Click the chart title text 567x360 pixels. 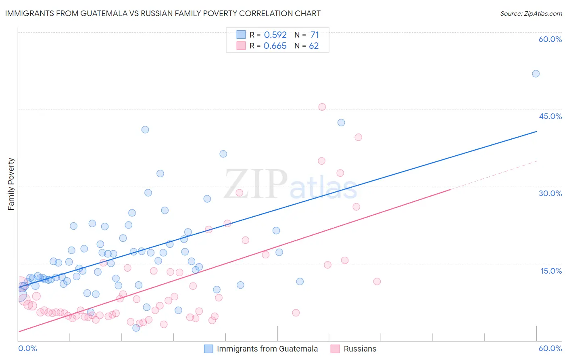(163, 13)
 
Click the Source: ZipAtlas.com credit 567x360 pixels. (531, 13)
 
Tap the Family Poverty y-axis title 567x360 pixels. (11, 184)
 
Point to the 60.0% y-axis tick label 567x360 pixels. (550, 39)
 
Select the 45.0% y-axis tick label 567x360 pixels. (550, 116)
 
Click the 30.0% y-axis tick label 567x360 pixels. (550, 193)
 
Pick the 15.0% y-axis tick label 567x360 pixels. (551, 270)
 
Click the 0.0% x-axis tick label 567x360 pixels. (27, 348)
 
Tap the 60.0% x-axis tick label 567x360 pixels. (550, 348)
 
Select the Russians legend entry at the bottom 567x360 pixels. (360, 349)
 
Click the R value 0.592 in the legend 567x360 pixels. (275, 35)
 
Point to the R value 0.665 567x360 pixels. (275, 46)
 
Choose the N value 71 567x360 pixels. (315, 35)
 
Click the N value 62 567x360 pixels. (314, 46)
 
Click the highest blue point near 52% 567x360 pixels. (536, 73)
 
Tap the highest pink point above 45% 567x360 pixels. (322, 107)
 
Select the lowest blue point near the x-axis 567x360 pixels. (136, 328)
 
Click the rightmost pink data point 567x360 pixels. (377, 281)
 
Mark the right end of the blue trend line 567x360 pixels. (536, 132)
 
